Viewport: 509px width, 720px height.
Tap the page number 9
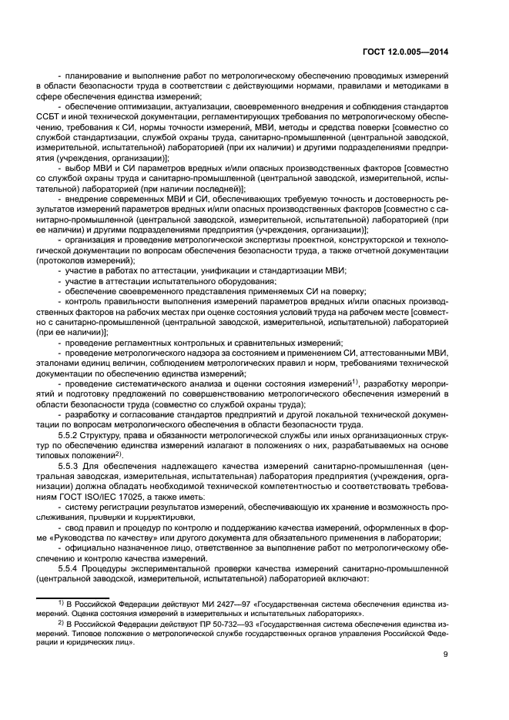pyautogui.click(x=446, y=655)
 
